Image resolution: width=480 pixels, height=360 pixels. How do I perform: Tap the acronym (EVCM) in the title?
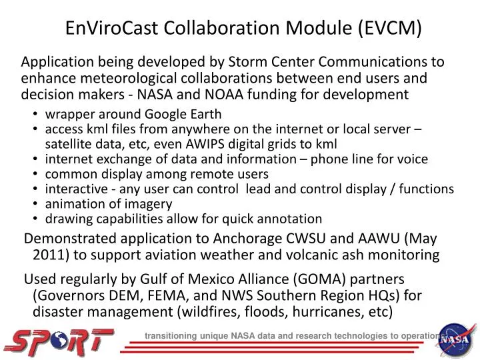coord(390,27)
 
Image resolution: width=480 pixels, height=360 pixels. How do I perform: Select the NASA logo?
coord(457,339)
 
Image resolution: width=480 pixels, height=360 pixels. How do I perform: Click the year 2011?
coord(49,255)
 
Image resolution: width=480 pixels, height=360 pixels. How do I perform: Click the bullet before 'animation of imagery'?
coord(37,204)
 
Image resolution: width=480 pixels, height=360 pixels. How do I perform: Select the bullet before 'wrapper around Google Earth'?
coord(37,114)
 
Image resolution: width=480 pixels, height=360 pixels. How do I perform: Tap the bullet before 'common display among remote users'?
coord(37,174)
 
